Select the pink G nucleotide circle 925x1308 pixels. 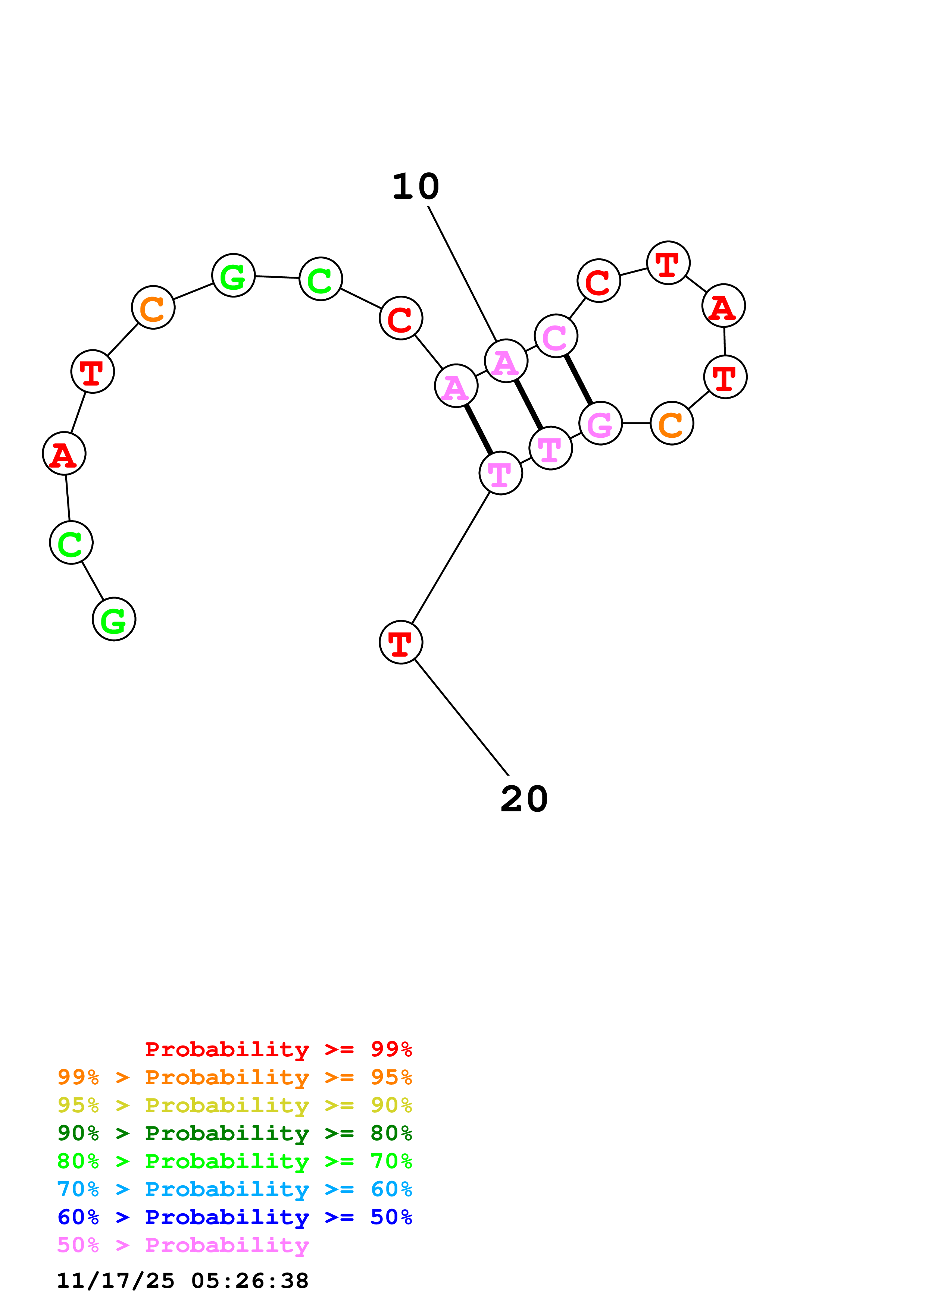coord(600,423)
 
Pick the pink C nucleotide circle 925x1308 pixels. coord(556,336)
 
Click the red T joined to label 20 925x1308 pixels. coord(401,642)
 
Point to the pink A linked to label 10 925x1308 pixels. coord(506,361)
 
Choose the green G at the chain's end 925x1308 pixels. coord(114,619)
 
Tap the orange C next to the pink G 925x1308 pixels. coord(672,423)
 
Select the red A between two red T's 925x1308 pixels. coord(723,306)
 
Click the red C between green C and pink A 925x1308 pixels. coord(401,318)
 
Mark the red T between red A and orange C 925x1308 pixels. coord(92,371)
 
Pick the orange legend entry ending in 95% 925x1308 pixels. coord(235,1077)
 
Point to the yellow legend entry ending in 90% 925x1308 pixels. coord(235,1105)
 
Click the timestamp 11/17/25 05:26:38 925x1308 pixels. coord(182,1281)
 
